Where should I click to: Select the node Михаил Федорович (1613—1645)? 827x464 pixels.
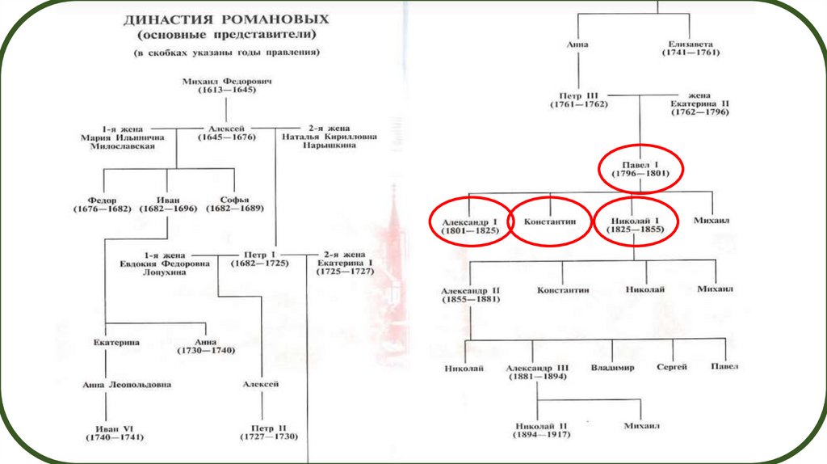pos(225,86)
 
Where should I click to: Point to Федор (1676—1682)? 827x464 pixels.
pos(104,204)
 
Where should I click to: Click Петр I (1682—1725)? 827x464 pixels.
pos(259,258)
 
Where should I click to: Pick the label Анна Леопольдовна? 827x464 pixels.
pos(127,385)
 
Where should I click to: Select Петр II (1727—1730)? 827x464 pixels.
pos(268,431)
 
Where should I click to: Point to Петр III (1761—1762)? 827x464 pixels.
pos(579,99)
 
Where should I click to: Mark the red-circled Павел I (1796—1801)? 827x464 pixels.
pos(640,167)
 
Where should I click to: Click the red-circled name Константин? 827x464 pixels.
pos(550,220)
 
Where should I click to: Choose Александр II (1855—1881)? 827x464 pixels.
pos(472,294)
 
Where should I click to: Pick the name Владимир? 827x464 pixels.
pos(612,368)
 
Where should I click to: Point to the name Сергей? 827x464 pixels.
pos(671,367)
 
